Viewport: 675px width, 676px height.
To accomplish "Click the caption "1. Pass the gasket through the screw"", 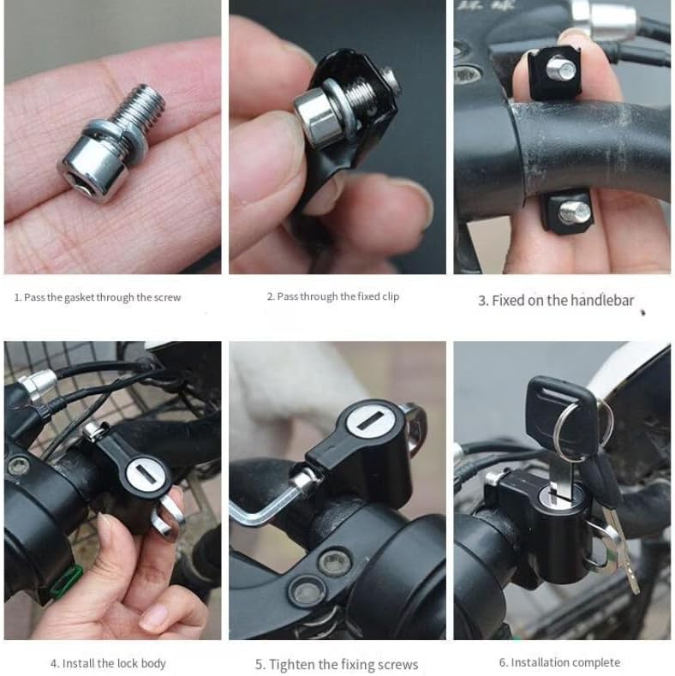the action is pyautogui.click(x=98, y=297).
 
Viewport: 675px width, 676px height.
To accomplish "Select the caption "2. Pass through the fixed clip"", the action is pyautogui.click(x=333, y=296).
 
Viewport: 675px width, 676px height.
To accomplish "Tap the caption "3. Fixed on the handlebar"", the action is pyautogui.click(x=556, y=301).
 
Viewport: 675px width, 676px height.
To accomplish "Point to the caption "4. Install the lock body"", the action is pyautogui.click(x=108, y=663).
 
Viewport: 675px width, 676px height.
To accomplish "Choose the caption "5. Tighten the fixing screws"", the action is pyautogui.click(x=337, y=664).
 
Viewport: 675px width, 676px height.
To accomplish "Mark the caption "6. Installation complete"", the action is pyautogui.click(x=559, y=662).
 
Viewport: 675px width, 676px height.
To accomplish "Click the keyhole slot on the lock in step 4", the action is pyautogui.click(x=145, y=475).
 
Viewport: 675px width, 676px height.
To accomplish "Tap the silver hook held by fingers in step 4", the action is pyautogui.click(x=167, y=515).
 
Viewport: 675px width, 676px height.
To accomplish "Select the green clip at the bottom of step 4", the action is pyautogui.click(x=65, y=582).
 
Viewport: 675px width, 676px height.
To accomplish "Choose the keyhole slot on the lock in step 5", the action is pyautogui.click(x=372, y=421).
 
